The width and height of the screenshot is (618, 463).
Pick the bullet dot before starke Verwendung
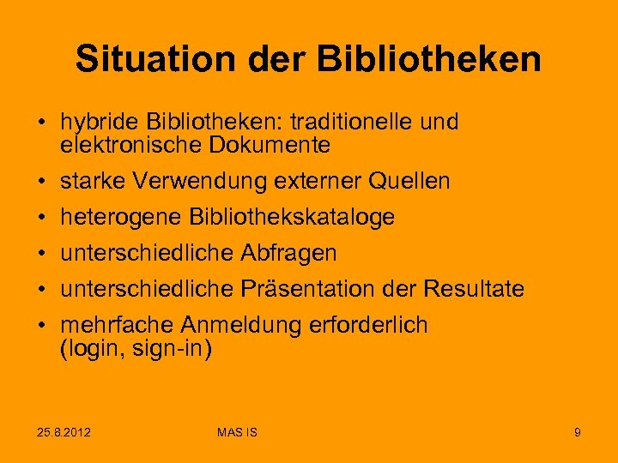pos(41,182)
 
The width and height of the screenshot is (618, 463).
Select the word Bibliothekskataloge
pos(289,218)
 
